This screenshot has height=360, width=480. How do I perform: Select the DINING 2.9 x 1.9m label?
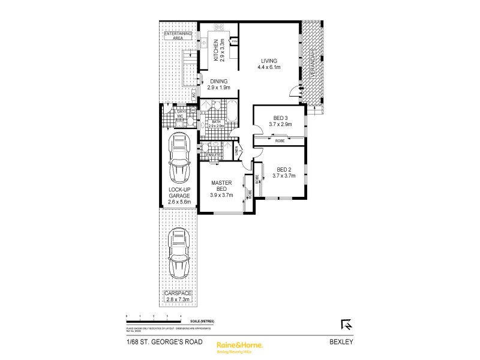click(x=219, y=84)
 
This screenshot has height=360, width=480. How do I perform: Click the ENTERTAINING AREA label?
click(x=178, y=35)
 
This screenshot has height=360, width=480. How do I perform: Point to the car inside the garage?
click(x=179, y=158)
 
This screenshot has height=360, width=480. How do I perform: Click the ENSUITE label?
click(x=214, y=155)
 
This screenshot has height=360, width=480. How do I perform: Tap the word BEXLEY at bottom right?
click(x=344, y=343)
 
